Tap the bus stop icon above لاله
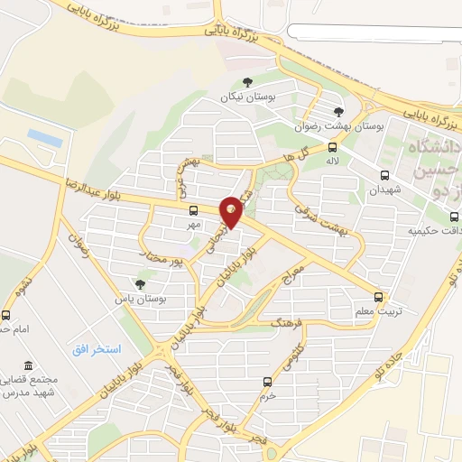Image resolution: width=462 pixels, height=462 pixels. (x=333, y=148)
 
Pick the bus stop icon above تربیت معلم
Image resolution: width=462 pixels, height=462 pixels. (x=378, y=296)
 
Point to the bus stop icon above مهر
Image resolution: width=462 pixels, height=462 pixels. (x=193, y=209)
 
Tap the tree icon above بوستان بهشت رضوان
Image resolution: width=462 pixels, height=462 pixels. (x=337, y=112)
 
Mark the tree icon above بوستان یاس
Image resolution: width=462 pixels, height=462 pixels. (x=139, y=283)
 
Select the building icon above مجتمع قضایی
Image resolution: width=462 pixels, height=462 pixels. (x=30, y=366)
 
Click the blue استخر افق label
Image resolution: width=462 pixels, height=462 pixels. (x=97, y=348)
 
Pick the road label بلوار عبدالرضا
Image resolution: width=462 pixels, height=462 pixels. (x=96, y=189)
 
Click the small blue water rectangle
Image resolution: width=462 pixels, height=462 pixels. (x=44, y=137)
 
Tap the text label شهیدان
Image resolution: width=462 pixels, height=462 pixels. (x=383, y=191)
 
